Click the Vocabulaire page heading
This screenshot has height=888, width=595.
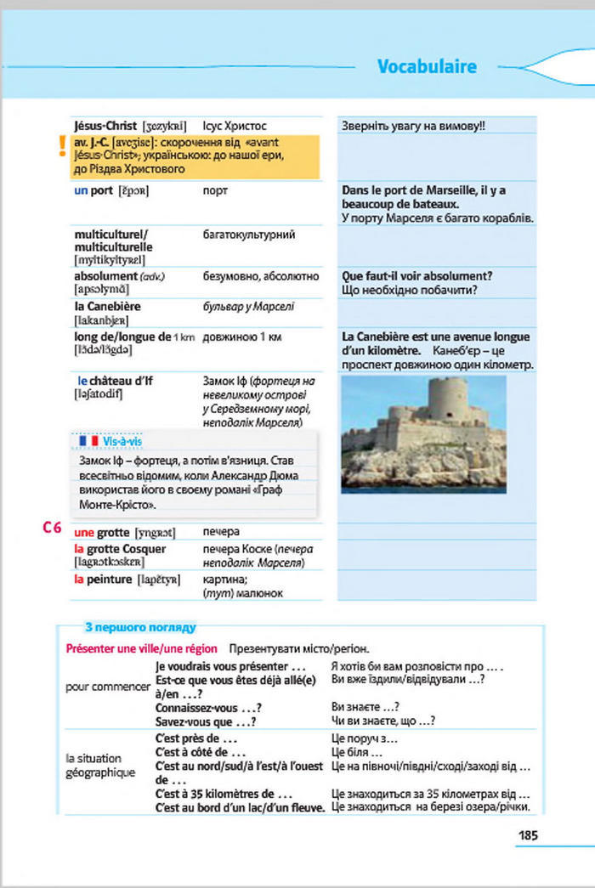pos(427,66)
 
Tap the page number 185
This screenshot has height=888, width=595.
pos(527,835)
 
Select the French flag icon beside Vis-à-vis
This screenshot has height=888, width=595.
pos(88,441)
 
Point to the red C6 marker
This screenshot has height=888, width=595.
pos(52,528)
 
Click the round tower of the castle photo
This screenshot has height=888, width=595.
pos(446,399)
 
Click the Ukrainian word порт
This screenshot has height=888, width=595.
pos(215,190)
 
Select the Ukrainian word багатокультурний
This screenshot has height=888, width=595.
pos(249,233)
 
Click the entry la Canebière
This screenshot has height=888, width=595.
pos(107,306)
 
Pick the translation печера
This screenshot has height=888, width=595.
pos(221,532)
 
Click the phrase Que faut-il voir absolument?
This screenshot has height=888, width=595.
pos(416,276)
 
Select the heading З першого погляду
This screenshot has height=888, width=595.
pos(140,627)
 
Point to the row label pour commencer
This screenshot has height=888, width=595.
pos(108,687)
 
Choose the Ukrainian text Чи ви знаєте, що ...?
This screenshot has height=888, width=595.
pos(382,721)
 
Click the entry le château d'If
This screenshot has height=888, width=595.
pos(115,380)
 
